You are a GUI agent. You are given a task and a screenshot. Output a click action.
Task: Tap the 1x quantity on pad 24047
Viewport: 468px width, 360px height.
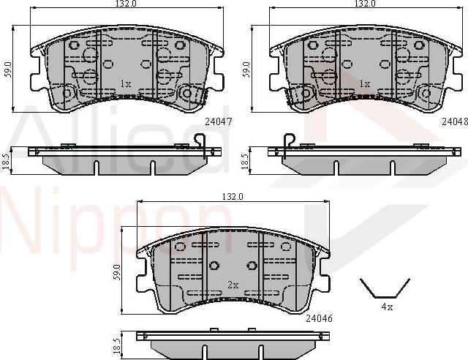[x=125, y=84]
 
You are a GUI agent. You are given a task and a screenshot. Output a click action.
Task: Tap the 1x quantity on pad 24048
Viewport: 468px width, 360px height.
[x=363, y=84]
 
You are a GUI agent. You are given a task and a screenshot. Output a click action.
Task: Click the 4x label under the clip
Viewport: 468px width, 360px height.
[x=386, y=307]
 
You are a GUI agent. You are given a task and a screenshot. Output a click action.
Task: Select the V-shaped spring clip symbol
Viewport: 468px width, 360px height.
[x=385, y=288]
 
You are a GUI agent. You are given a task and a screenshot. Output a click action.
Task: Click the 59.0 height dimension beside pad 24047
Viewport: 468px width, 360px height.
[x=7, y=70]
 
